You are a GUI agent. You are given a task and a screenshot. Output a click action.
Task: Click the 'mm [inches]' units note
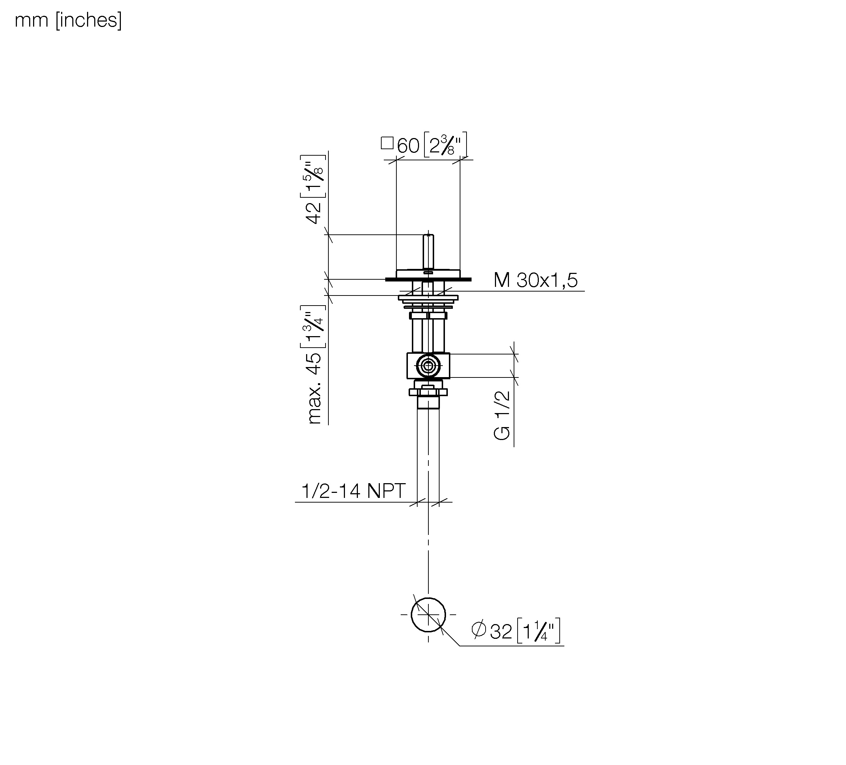pyautogui.click(x=68, y=20)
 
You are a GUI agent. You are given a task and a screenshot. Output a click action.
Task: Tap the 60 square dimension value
pyautogui.click(x=408, y=146)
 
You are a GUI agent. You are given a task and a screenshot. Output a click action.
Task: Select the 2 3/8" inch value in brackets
pyautogui.click(x=445, y=145)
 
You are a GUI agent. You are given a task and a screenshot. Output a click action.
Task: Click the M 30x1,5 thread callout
pyautogui.click(x=536, y=280)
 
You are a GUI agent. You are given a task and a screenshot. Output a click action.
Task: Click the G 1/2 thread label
pyautogui.click(x=502, y=415)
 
